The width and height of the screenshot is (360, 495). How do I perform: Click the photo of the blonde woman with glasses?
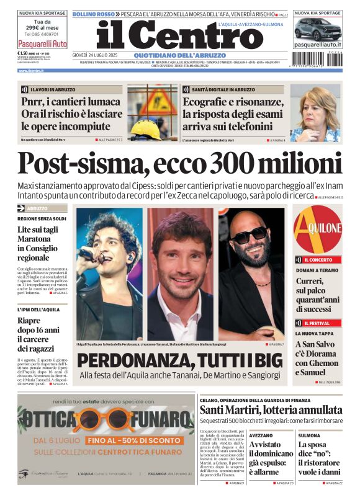[315, 114]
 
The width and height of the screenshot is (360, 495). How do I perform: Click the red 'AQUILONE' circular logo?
[317, 229]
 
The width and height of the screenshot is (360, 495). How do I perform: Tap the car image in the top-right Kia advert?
[317, 29]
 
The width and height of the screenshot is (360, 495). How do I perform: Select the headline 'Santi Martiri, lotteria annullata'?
[271, 410]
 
